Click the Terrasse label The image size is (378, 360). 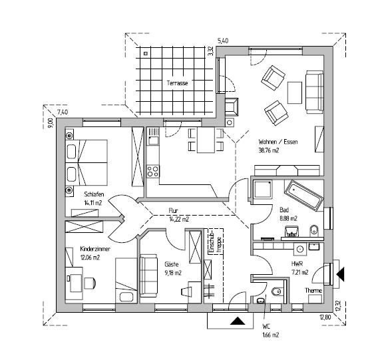177,83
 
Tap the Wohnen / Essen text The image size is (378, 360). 278,142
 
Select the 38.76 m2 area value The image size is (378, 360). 269,150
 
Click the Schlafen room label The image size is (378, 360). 94,194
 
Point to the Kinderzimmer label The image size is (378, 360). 95,249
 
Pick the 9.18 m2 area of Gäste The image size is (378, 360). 173,273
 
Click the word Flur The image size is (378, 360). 173,211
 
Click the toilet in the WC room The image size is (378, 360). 276,293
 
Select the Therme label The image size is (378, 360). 313,291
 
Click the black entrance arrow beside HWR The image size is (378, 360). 340,274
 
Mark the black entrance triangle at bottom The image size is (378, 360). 238,321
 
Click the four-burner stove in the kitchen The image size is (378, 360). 153,171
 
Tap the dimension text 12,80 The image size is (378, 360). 325,317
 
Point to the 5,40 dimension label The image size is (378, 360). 223,41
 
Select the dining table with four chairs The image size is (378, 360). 206,140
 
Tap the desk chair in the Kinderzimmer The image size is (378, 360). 90,283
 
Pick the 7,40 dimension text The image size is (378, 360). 62,112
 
